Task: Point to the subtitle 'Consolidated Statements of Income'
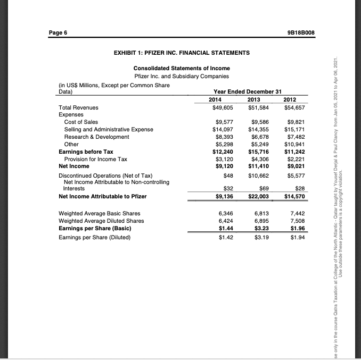182,69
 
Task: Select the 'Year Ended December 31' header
247,91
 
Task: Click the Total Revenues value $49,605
223,107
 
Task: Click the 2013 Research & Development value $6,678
259,137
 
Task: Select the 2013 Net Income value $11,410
258,166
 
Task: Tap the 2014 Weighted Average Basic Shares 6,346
226,214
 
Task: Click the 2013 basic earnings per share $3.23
260,229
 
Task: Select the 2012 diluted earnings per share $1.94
296,237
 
